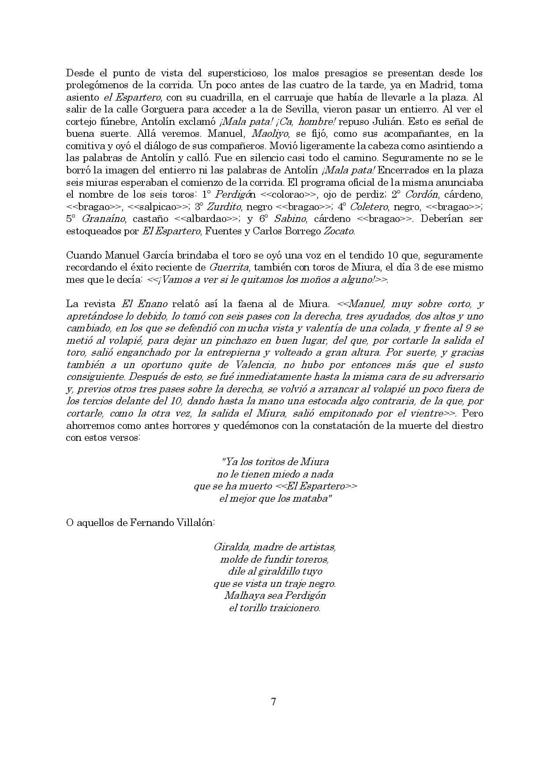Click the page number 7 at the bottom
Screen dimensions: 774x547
click(x=273, y=702)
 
